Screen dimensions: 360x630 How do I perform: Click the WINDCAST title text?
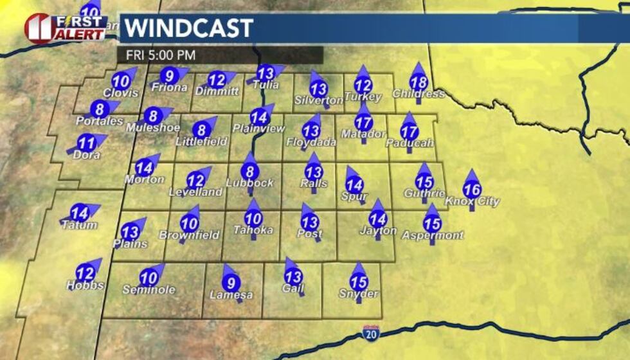click(x=188, y=29)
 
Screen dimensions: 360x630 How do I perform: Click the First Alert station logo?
click(x=66, y=28)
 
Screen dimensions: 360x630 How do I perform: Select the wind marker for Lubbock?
click(x=250, y=172)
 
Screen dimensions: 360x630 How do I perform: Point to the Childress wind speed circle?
click(x=419, y=82)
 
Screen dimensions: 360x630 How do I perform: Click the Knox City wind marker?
click(x=472, y=190)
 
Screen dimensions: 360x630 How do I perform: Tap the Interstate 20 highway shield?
click(x=370, y=332)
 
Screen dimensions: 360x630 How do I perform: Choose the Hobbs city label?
click(x=85, y=285)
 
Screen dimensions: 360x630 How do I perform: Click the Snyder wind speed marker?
click(x=359, y=282)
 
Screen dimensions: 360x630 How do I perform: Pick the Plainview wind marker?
click(x=259, y=118)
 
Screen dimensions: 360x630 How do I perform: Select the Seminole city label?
click(x=149, y=290)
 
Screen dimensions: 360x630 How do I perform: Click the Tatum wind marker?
click(x=80, y=213)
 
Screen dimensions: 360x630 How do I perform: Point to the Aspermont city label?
click(x=433, y=235)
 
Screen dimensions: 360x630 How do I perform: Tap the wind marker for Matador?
click(x=364, y=123)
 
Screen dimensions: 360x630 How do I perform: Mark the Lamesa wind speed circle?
click(x=231, y=282)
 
